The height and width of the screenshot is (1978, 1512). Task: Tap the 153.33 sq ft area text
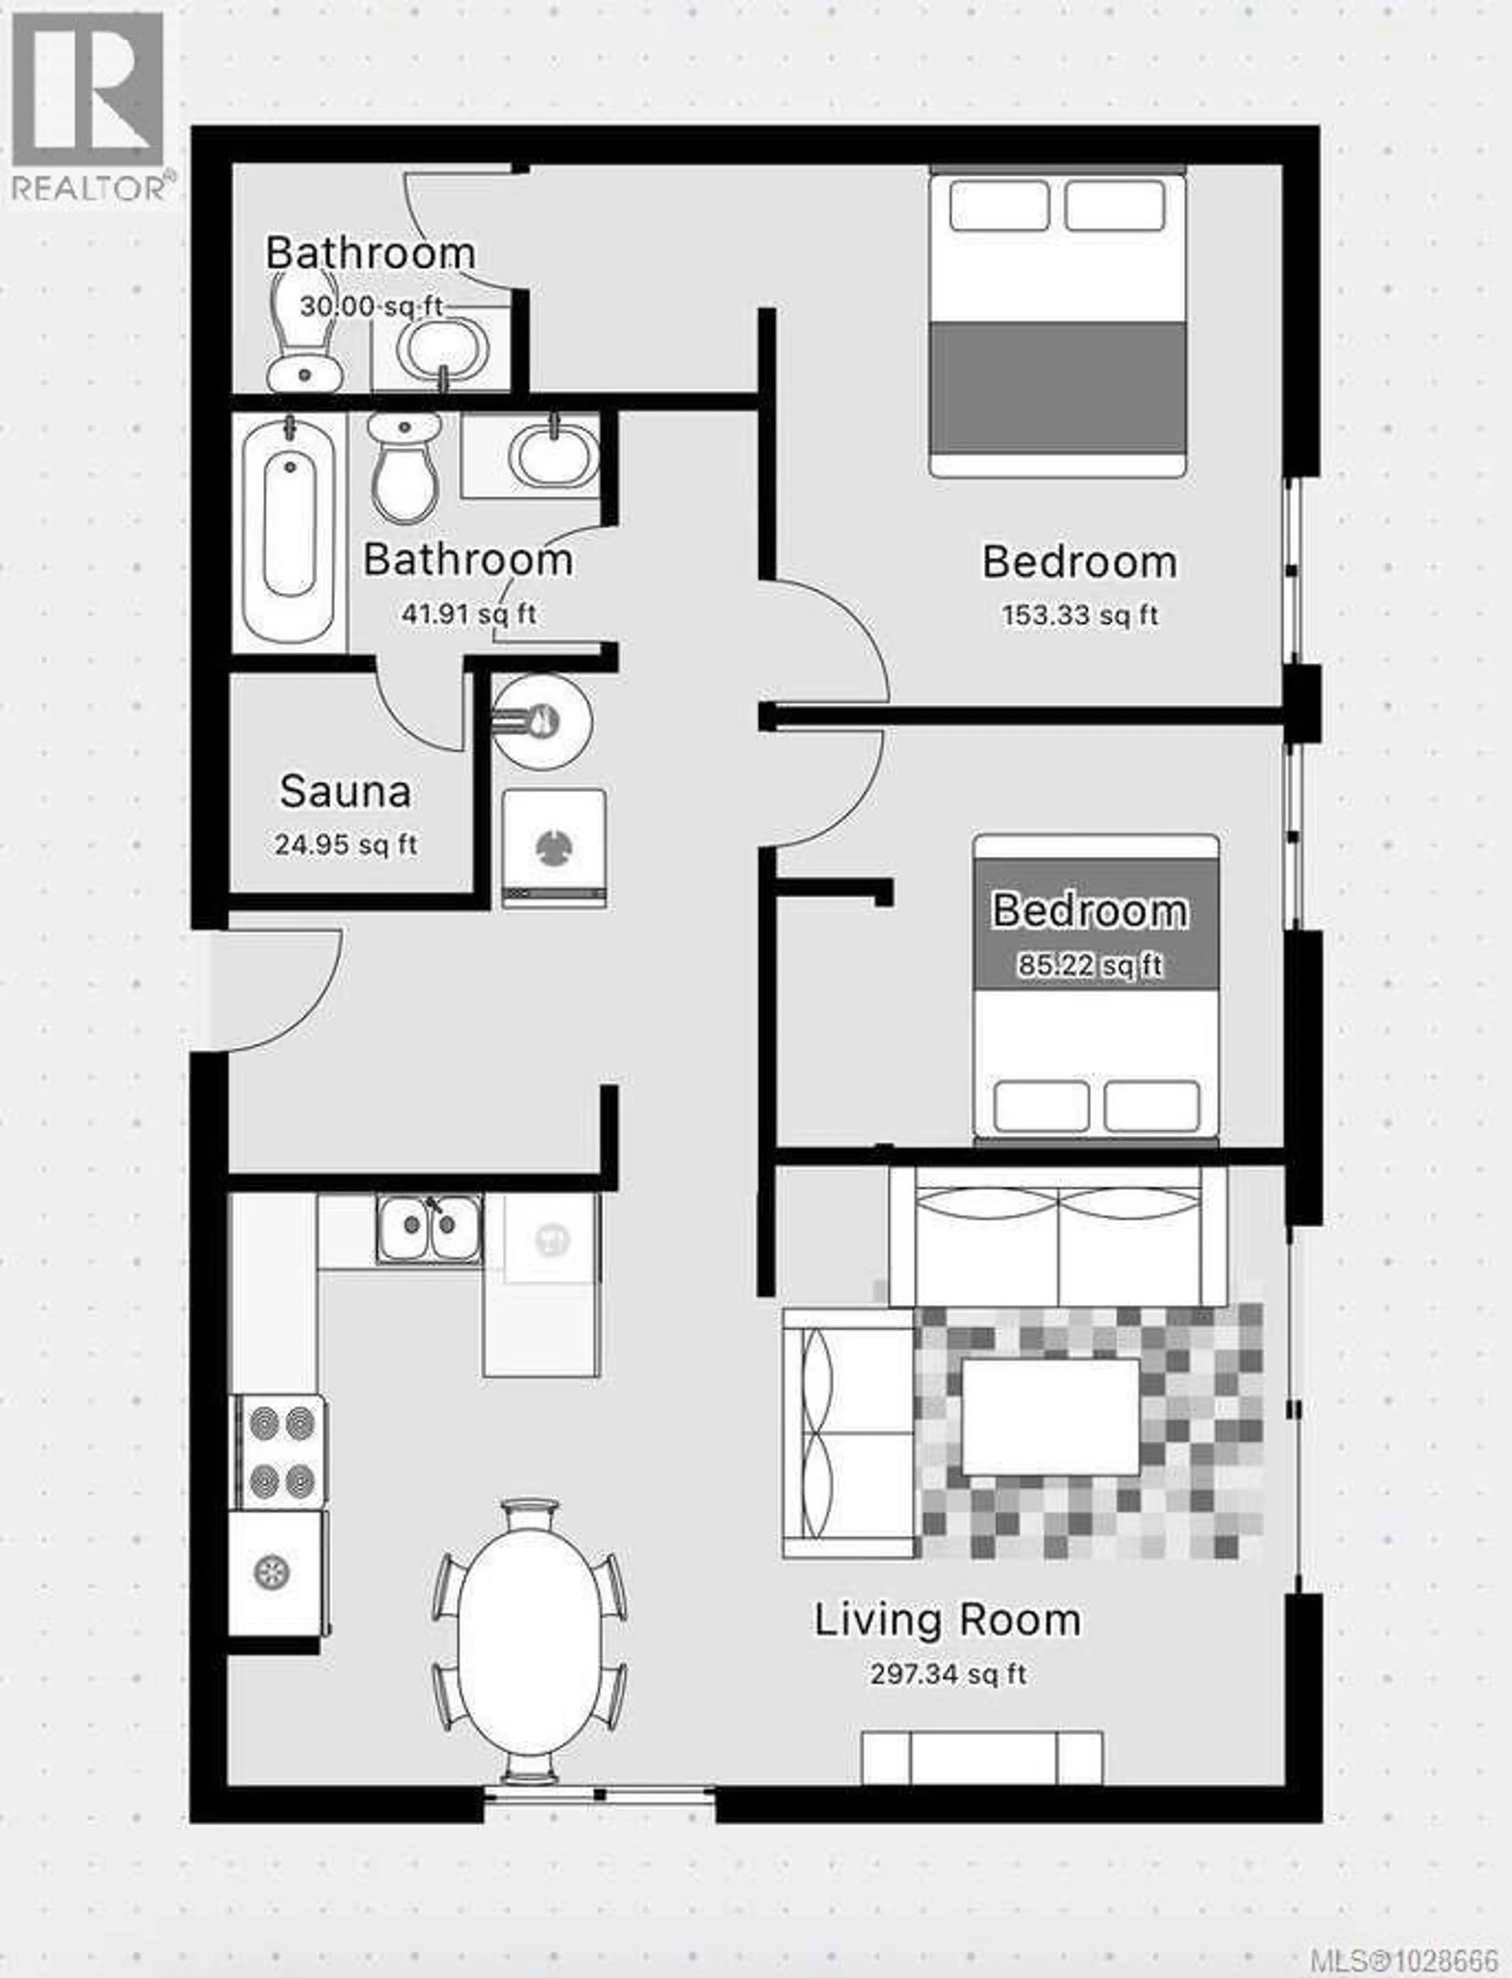pos(1080,615)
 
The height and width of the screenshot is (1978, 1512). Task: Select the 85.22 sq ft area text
pos(1090,966)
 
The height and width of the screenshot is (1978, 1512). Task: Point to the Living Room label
pos(948,1620)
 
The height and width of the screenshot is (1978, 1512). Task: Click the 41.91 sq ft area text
pos(468,615)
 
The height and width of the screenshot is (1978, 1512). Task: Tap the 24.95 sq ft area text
pos(346,845)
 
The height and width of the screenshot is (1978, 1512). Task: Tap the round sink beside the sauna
pos(542,722)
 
